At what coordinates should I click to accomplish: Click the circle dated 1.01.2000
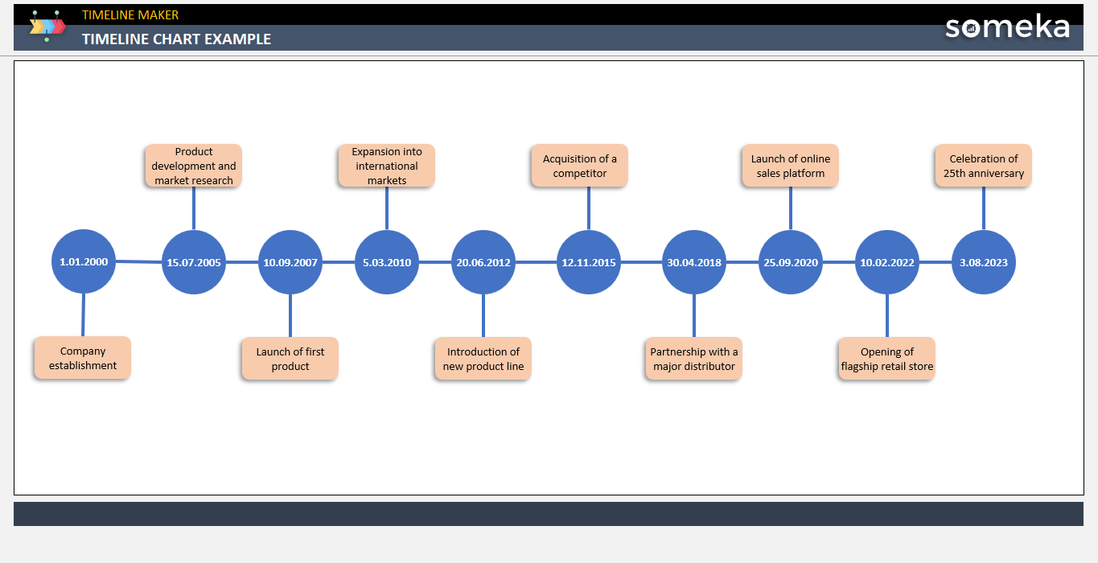click(x=84, y=261)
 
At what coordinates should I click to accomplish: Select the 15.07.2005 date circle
click(x=194, y=262)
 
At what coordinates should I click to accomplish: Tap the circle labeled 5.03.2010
click(x=387, y=262)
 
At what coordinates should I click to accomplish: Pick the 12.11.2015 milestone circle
click(x=589, y=262)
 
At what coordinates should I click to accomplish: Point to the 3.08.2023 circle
click(x=984, y=262)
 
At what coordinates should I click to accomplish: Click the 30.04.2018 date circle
click(x=694, y=262)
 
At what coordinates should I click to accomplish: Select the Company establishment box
click(x=83, y=358)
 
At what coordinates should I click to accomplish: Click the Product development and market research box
click(x=194, y=166)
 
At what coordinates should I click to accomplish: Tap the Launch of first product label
click(x=290, y=359)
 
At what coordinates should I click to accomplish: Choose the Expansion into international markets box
click(x=387, y=166)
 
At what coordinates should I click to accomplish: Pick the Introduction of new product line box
click(x=483, y=359)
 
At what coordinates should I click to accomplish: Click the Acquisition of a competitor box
click(x=580, y=166)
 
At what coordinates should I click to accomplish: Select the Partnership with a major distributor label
click(x=694, y=359)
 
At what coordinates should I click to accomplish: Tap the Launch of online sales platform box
click(x=791, y=166)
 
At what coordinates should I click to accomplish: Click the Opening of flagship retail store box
click(x=887, y=359)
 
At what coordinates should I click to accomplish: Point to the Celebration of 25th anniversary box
click(x=984, y=166)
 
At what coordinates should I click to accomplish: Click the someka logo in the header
click(x=1007, y=27)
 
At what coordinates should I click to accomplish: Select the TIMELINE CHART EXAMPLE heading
click(x=176, y=39)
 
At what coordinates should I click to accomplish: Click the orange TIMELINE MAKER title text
click(x=130, y=14)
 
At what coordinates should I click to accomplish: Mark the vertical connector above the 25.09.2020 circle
click(x=791, y=208)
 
